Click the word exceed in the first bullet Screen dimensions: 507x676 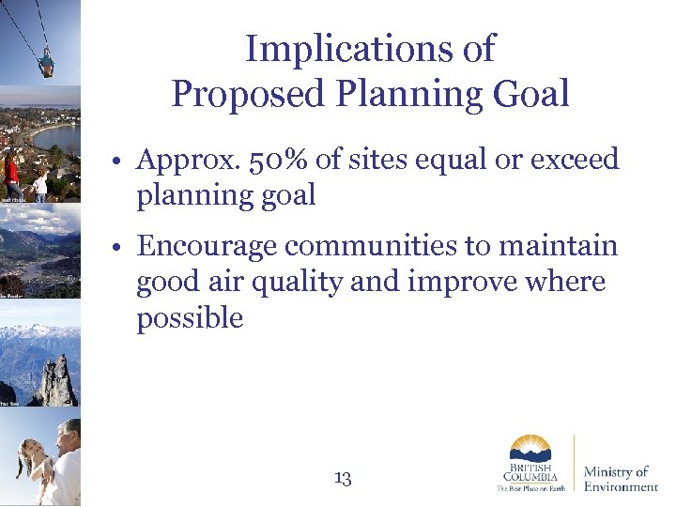575,160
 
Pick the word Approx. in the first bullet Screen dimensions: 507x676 184,160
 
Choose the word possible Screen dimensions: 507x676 190,319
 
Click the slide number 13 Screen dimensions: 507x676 343,479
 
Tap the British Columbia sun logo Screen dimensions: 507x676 530,449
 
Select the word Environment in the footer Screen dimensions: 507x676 621,486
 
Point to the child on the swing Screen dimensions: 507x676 44,64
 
